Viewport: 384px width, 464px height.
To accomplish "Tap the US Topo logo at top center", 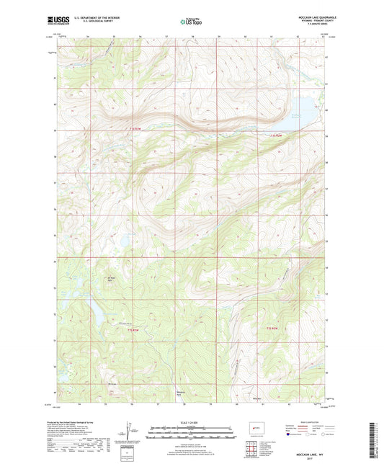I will coord(191,22).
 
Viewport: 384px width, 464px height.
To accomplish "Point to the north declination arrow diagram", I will coord(130,432).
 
